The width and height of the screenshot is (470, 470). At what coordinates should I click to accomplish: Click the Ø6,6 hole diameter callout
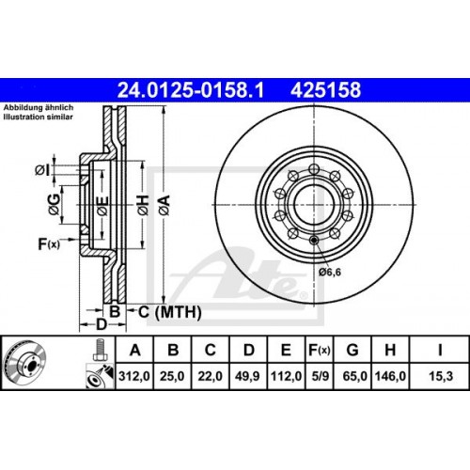click(x=330, y=272)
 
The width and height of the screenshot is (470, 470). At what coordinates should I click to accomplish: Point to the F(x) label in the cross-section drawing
click(x=47, y=245)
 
